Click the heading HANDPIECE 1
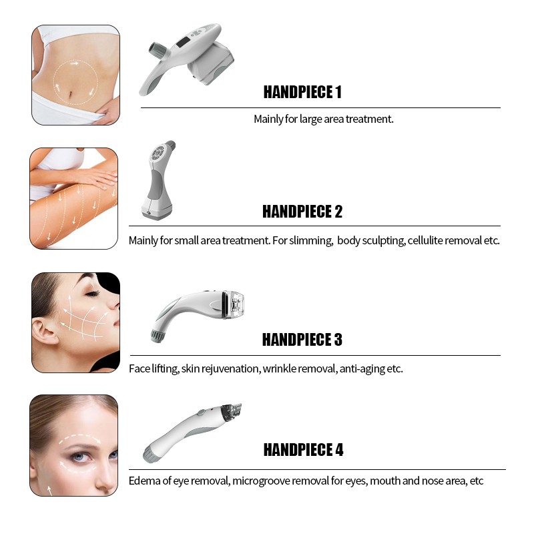click(302, 92)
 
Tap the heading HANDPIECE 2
click(302, 212)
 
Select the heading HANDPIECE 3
click(302, 340)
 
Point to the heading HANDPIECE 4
click(303, 449)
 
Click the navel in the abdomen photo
click(71, 93)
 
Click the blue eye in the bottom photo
click(79, 457)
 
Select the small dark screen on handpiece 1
click(183, 42)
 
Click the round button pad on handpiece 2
click(158, 153)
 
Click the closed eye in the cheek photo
click(92, 293)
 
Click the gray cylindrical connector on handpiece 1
click(158, 50)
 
